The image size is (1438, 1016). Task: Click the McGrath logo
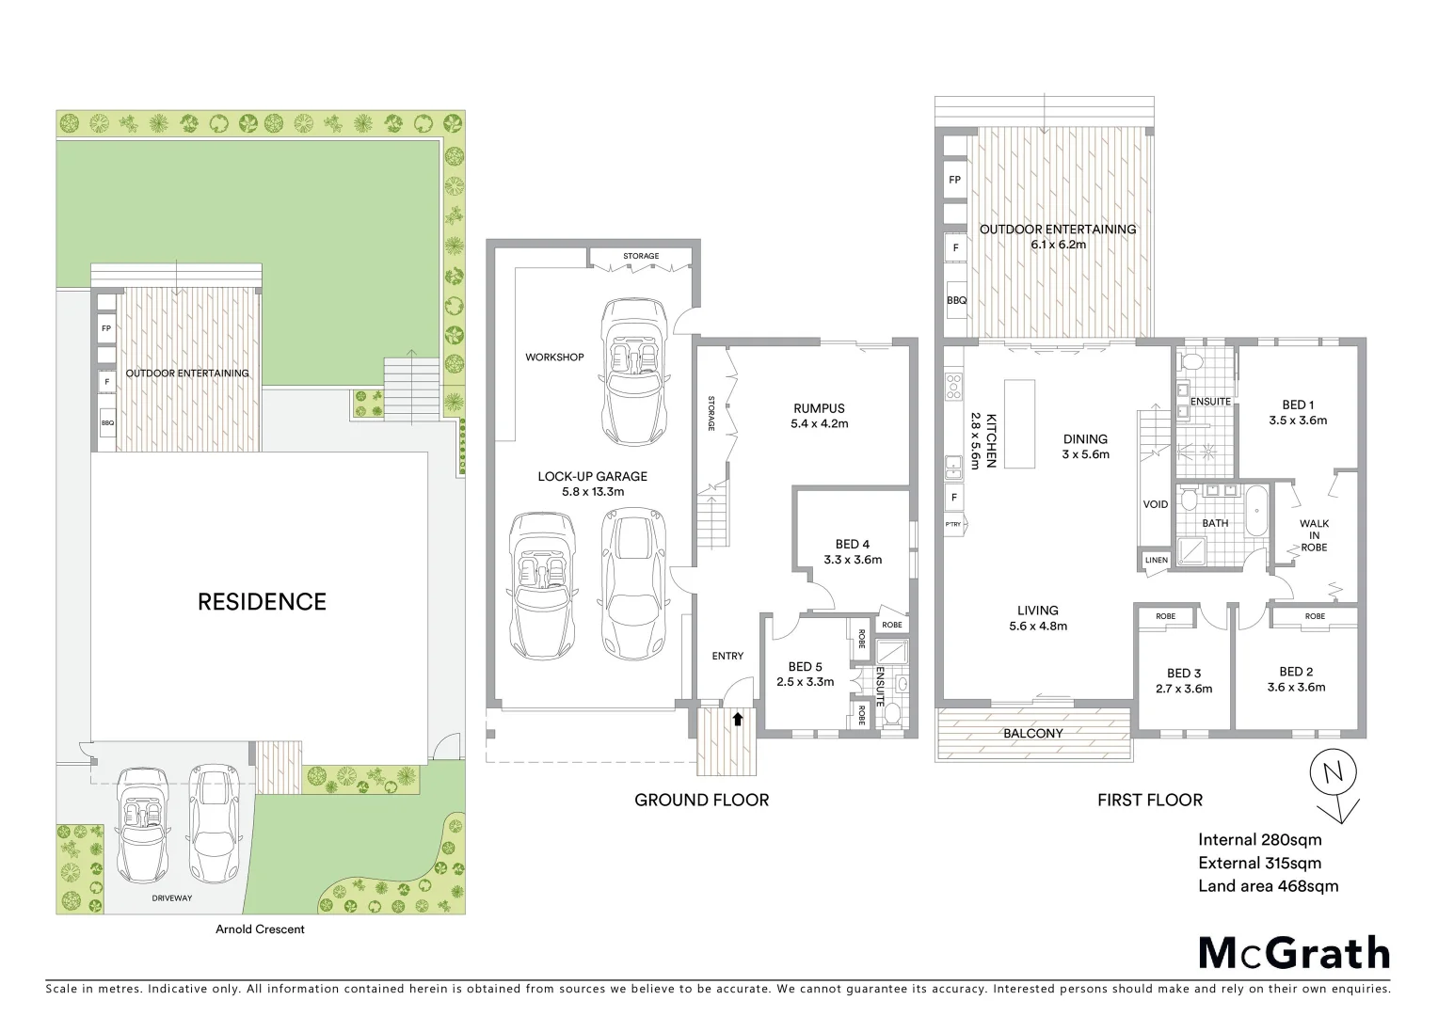tap(1293, 953)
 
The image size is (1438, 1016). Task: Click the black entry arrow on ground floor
tap(738, 720)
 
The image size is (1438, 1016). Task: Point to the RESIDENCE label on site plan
tap(262, 602)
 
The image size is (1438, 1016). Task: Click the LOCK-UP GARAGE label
tap(592, 476)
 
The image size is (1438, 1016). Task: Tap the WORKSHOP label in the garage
tap(554, 357)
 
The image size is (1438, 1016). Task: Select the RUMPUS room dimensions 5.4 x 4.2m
tap(819, 423)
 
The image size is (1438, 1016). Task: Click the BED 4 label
tap(852, 544)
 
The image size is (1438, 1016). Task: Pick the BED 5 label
tap(805, 667)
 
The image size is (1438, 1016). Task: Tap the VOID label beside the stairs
tap(1155, 505)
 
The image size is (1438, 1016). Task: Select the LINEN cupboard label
tap(1156, 561)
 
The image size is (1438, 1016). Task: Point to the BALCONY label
tap(1032, 733)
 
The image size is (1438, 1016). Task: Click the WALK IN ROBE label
tap(1314, 535)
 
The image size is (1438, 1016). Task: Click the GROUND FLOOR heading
tap(701, 800)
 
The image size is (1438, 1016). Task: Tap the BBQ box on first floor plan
tap(955, 301)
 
